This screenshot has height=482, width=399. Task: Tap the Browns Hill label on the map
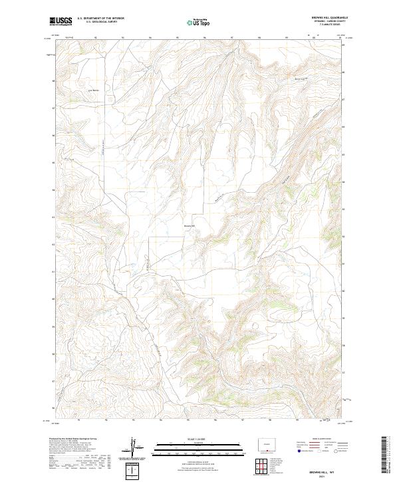coord(189,225)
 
